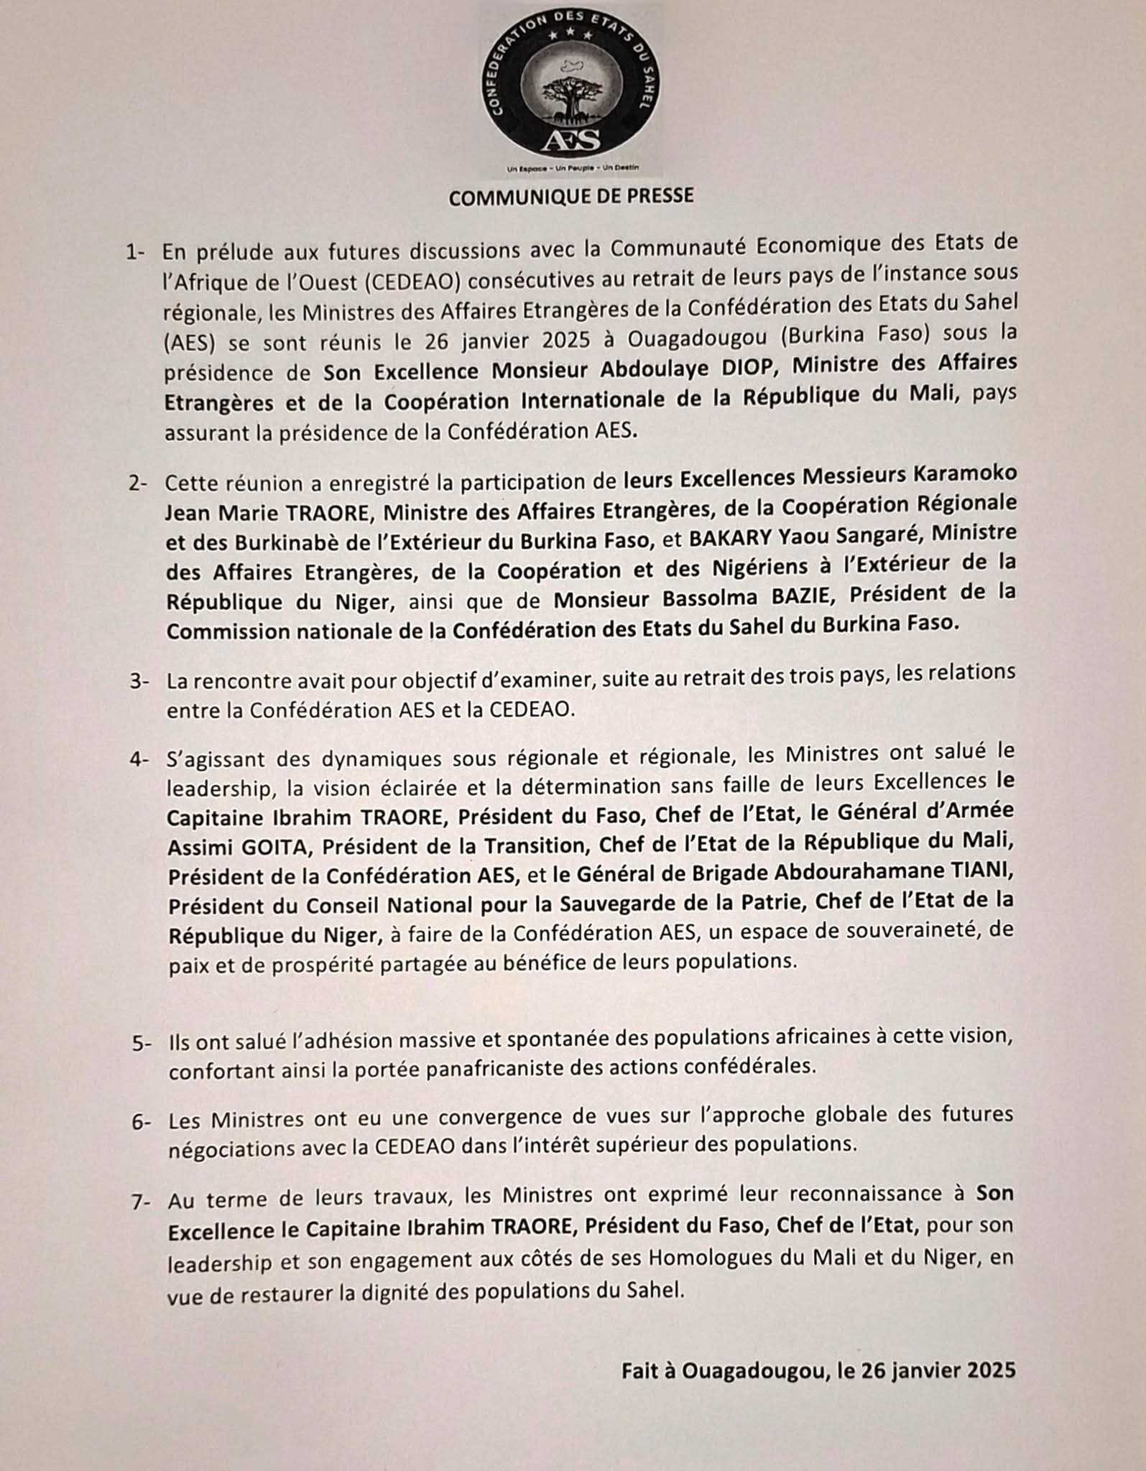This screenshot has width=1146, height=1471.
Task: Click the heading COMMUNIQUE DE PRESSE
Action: coord(571,196)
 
